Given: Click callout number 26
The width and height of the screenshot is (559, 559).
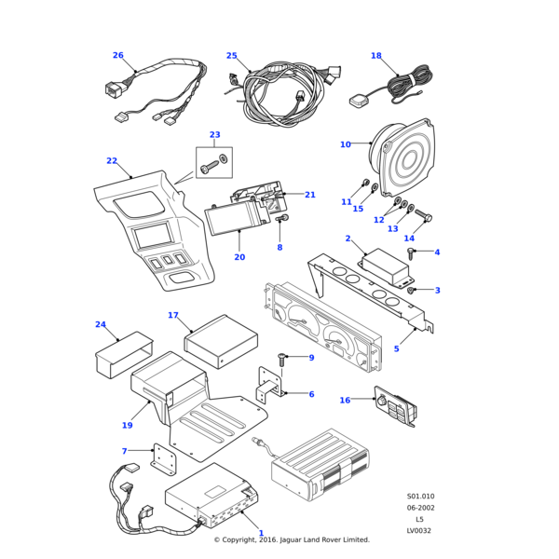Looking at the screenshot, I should coord(117,55).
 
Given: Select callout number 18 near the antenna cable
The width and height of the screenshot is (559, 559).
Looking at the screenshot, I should coord(376,56).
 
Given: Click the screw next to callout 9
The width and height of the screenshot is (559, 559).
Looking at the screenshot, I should coord(283,360).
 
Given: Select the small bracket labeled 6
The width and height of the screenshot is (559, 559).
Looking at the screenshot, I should coord(271,389).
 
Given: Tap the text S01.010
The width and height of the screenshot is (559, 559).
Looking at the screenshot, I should coord(420,497).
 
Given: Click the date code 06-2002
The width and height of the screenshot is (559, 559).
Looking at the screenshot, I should coord(419,508).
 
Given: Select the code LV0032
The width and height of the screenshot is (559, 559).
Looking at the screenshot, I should coord(419,530).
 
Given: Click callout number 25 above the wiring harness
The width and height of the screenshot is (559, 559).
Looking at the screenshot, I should coord(232,56).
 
